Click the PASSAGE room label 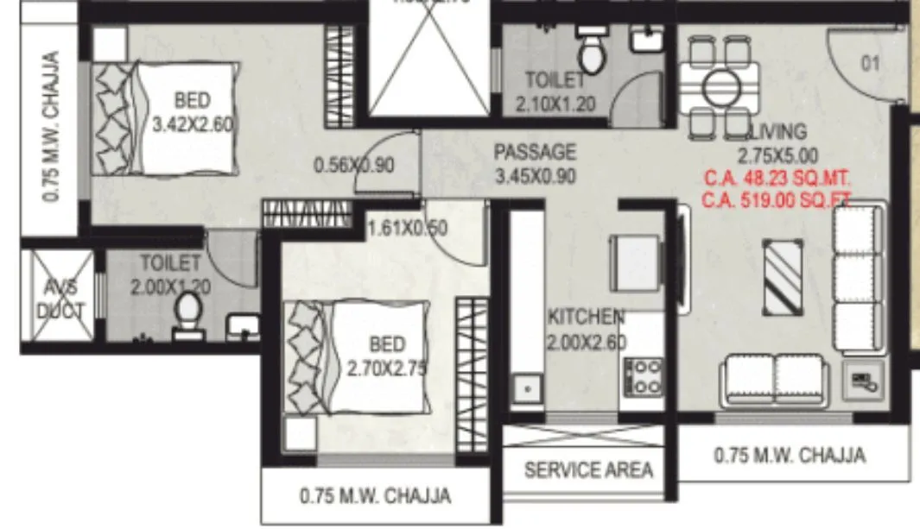[535, 153]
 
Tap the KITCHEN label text [586, 317]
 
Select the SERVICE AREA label [588, 470]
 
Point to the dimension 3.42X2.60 [192, 124]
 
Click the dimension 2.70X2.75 [387, 368]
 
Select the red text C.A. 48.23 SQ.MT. [776, 180]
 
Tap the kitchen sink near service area [525, 390]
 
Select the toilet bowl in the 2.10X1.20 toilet [593, 56]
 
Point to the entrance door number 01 [870, 62]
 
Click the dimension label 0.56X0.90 [354, 165]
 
